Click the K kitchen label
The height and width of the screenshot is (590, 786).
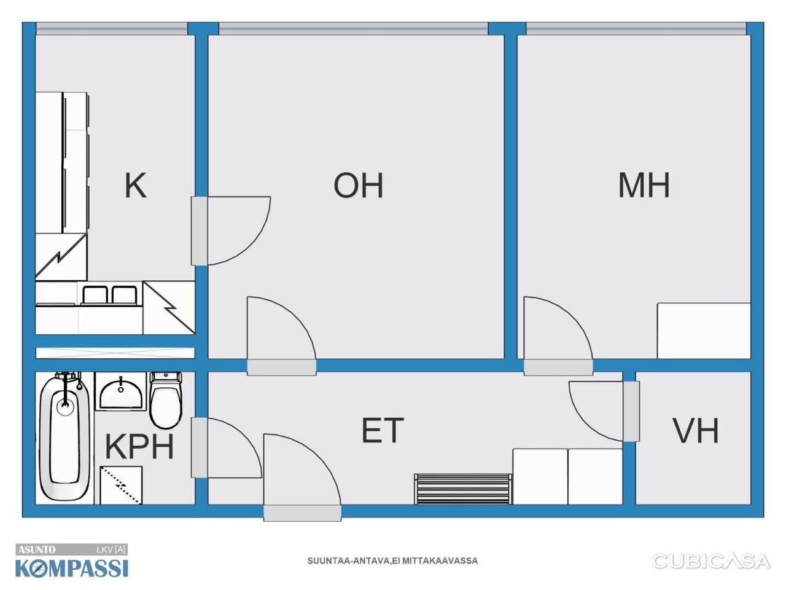(135, 185)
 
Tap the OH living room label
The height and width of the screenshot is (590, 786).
(359, 185)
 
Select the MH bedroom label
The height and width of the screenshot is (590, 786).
(644, 185)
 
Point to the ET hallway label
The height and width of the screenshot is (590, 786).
(383, 430)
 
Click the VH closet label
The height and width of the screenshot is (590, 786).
(696, 430)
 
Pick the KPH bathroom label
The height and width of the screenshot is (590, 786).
(139, 446)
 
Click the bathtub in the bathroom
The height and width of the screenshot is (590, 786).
(64, 436)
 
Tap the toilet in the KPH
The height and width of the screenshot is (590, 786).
(165, 399)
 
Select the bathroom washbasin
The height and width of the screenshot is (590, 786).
(121, 391)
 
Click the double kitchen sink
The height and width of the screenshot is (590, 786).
(109, 295)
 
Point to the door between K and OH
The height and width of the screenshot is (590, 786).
(231, 230)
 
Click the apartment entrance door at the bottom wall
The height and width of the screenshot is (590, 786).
(302, 477)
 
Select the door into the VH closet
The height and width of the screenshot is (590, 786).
(604, 411)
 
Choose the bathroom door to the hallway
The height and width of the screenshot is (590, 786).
(227, 448)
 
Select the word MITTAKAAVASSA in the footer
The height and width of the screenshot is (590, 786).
(440, 560)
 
